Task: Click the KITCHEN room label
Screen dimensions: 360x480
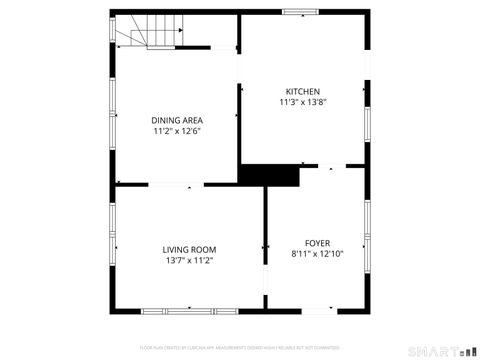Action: pos(302,91)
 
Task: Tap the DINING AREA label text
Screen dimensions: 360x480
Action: pos(177,120)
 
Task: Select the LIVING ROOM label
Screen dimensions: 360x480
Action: pos(189,249)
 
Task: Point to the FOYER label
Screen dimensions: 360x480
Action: pos(317,242)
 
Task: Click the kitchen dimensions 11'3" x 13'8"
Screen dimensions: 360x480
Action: pos(303,102)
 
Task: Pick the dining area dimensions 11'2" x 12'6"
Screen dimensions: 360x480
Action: pos(177,131)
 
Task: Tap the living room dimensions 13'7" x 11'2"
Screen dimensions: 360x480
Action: pos(189,260)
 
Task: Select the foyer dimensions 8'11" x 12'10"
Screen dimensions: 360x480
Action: pos(317,253)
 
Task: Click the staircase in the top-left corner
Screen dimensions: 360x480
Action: pos(145,34)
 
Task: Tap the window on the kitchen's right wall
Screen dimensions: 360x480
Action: pos(367,122)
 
